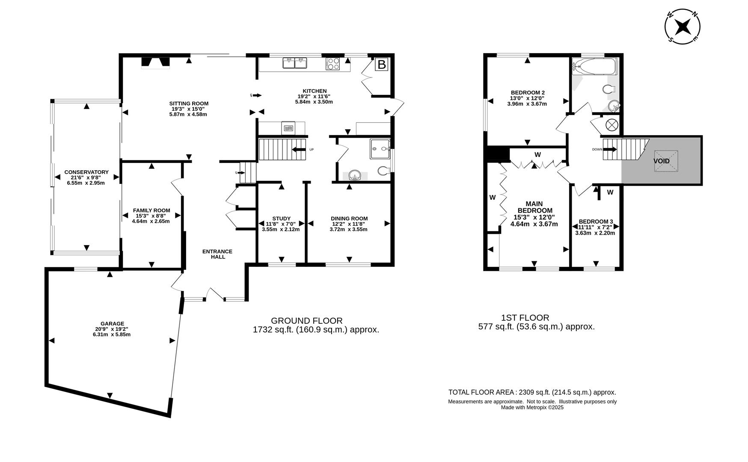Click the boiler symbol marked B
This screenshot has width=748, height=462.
click(381, 65)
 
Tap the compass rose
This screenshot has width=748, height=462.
click(682, 27)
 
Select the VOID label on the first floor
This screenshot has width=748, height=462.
click(661, 161)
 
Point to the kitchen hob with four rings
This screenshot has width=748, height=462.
click(333, 64)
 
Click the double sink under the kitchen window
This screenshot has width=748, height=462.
click(295, 63)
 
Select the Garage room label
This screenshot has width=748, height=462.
click(112, 324)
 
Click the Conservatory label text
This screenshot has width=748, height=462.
click(86, 172)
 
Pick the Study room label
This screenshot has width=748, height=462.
click(281, 219)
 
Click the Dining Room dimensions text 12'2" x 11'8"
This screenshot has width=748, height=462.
click(349, 224)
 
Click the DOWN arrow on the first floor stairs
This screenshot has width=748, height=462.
click(610, 149)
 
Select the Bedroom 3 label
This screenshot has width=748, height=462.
click(596, 222)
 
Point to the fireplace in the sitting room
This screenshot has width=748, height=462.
click(156, 62)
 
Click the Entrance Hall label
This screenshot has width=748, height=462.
click(217, 254)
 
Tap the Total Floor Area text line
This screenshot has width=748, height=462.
click(532, 392)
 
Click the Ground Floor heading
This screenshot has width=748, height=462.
click(307, 320)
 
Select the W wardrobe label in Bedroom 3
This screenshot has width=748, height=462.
click(610, 192)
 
